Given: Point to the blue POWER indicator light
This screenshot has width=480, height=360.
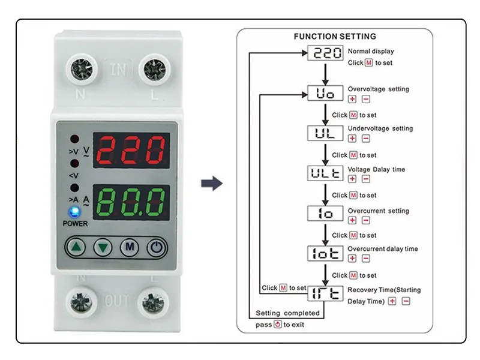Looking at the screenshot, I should (x=75, y=212).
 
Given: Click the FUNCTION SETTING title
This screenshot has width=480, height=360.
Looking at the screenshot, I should (x=335, y=37).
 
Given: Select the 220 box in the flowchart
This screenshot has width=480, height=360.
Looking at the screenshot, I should (x=325, y=53).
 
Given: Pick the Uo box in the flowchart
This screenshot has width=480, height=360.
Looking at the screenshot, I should (x=325, y=94).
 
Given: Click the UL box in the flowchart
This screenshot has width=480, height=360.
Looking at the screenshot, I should (x=325, y=133).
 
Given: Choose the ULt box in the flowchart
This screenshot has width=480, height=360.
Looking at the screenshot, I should (x=325, y=173).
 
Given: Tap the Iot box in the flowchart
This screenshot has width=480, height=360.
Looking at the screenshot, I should (x=325, y=254).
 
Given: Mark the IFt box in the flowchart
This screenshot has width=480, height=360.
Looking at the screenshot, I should (x=325, y=294).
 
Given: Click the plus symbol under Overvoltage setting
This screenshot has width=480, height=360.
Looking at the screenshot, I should (x=352, y=100).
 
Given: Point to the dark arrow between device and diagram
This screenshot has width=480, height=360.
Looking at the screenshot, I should (x=211, y=184).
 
